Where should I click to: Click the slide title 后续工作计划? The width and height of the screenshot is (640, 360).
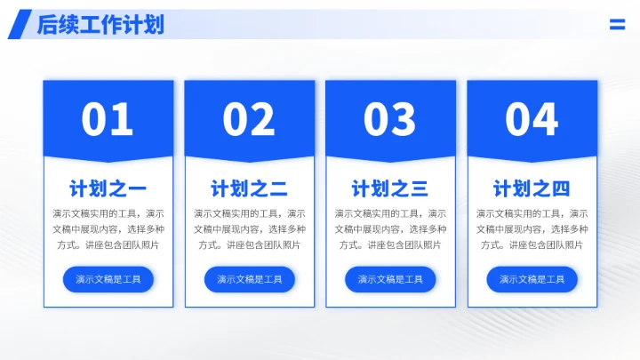pyautogui.click(x=100, y=25)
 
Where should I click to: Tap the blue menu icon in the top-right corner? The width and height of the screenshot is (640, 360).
pyautogui.click(x=617, y=25)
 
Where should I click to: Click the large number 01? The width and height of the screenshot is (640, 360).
pyautogui.click(x=108, y=119)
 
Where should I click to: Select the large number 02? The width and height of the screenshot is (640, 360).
pyautogui.click(x=249, y=119)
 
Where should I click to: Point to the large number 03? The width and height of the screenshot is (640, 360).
pyautogui.click(x=390, y=119)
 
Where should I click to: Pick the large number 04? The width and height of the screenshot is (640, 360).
pyautogui.click(x=532, y=119)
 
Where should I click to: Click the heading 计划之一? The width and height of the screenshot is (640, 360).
pyautogui.click(x=108, y=188)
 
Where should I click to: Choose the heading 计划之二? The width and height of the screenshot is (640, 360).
pyautogui.click(x=249, y=188)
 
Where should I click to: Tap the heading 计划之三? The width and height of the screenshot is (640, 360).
pyautogui.click(x=390, y=188)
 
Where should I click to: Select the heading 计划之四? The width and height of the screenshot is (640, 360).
pyautogui.click(x=532, y=188)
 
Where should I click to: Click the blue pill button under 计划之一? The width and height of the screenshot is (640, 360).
pyautogui.click(x=108, y=279)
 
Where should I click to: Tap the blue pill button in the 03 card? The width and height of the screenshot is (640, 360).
pyautogui.click(x=390, y=279)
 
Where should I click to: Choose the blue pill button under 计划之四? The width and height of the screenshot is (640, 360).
pyautogui.click(x=532, y=279)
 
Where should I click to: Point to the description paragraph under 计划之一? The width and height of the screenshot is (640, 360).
pyautogui.click(x=108, y=229)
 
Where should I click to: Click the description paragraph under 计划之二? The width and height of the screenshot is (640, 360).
pyautogui.click(x=249, y=229)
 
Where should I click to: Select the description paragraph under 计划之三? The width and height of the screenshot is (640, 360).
pyautogui.click(x=390, y=229)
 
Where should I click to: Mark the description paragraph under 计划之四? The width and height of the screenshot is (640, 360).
pyautogui.click(x=532, y=229)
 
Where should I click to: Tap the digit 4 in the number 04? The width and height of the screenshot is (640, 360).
pyautogui.click(x=545, y=119)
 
